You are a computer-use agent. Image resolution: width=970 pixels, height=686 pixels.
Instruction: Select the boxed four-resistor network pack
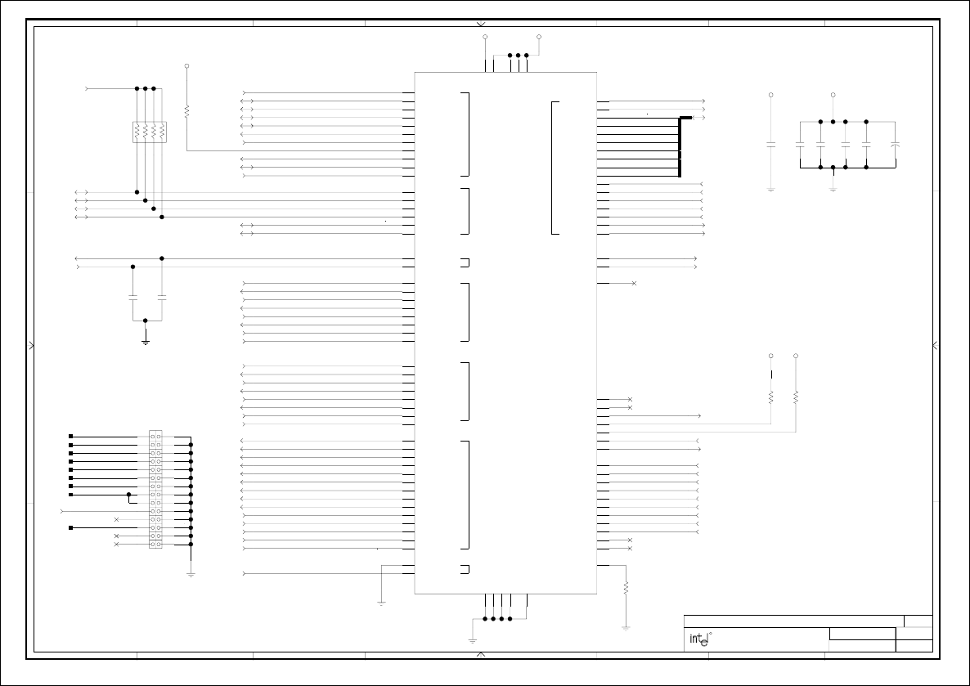tap(149, 132)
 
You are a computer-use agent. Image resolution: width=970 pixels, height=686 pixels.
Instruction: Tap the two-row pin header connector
tap(155, 490)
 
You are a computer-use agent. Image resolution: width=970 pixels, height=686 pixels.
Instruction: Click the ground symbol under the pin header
tap(191, 574)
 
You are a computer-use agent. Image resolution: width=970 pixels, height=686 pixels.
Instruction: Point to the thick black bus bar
tap(680, 147)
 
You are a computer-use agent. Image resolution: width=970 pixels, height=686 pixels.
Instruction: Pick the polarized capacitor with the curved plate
tap(896, 145)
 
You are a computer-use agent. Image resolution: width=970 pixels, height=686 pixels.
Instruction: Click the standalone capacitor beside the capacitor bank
tap(770, 145)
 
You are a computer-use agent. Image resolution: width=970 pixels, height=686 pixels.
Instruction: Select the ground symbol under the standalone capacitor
tap(770, 189)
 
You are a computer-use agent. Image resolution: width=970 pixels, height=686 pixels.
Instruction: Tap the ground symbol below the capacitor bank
tap(833, 189)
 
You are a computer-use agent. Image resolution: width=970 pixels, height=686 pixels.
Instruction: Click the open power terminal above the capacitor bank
tap(833, 95)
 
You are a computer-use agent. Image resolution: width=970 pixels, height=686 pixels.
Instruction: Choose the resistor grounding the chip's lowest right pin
tap(626, 587)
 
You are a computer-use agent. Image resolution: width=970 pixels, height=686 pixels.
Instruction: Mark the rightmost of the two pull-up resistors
tap(796, 397)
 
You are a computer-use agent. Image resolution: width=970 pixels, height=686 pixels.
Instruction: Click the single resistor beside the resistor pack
tap(186, 110)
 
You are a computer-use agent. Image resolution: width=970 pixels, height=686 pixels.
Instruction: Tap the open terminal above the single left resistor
tap(186, 65)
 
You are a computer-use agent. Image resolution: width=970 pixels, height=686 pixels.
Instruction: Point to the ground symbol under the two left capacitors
tap(145, 341)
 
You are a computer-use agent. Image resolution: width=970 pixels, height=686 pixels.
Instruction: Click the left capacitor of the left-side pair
tap(132, 298)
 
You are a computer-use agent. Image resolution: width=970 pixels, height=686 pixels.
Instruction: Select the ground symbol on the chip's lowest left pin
tap(382, 603)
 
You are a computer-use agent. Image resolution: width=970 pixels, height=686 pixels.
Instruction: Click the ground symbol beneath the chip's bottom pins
tap(472, 640)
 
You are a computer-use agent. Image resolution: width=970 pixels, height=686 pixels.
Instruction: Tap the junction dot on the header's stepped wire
tap(128, 495)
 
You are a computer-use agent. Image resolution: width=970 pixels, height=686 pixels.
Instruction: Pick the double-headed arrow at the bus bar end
tap(699, 118)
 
